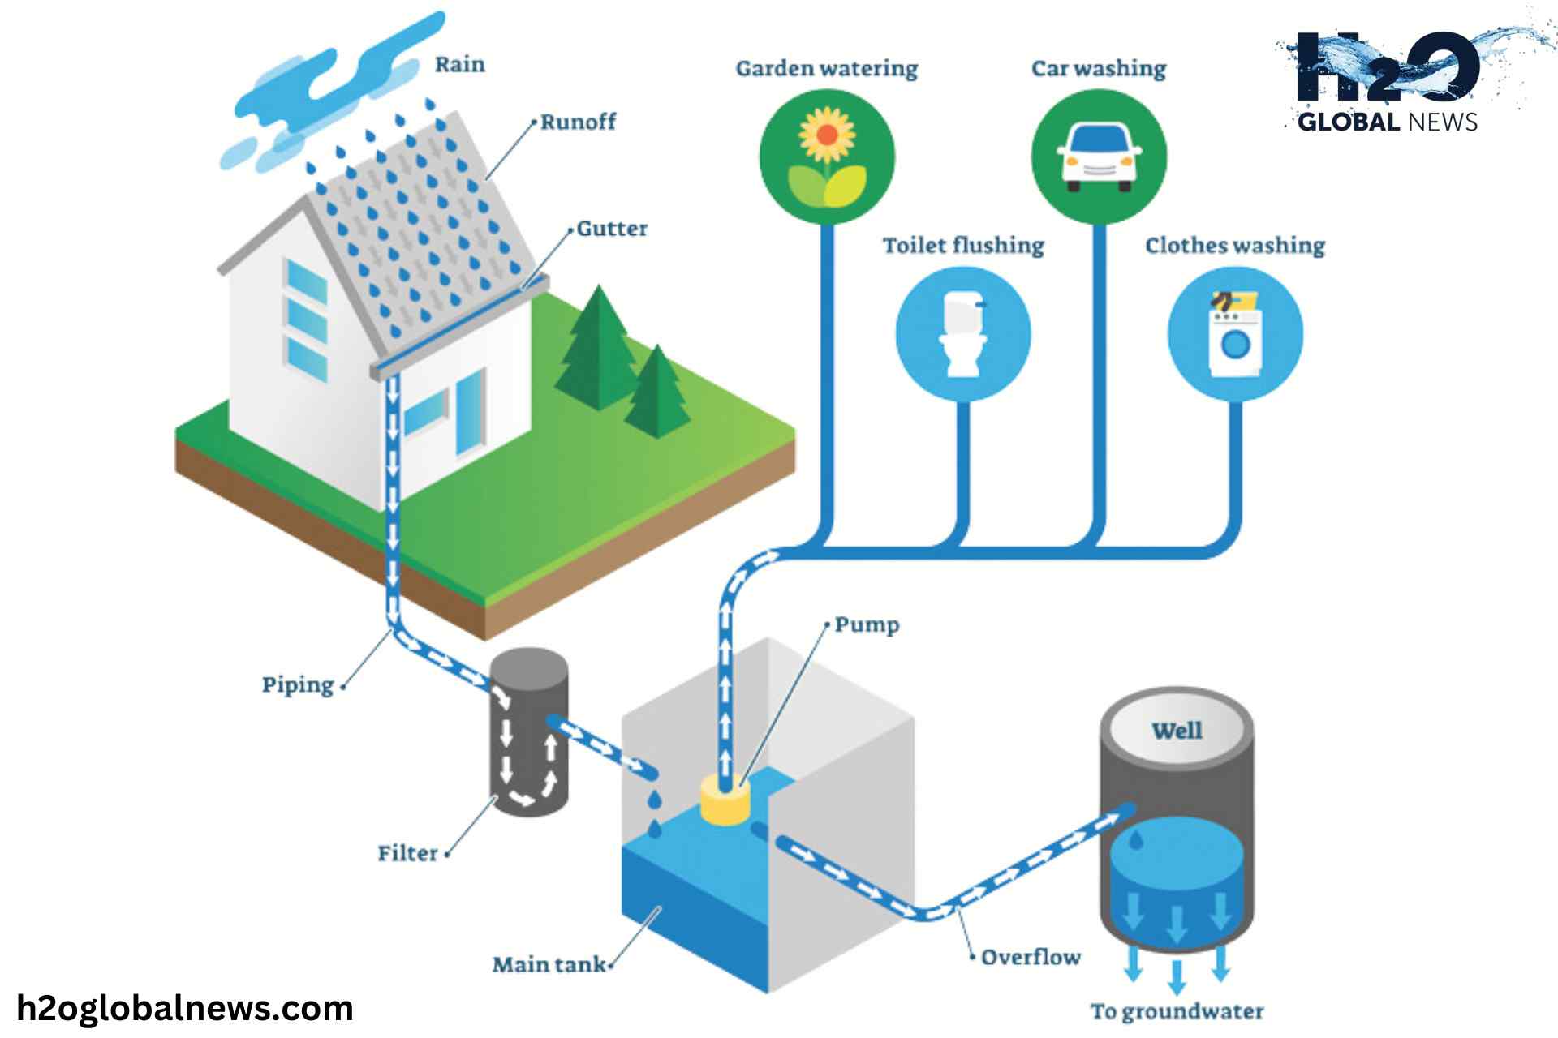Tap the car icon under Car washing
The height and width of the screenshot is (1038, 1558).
tap(1099, 157)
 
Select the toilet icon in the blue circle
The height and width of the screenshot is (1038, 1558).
tap(963, 333)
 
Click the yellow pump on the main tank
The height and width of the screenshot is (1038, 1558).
tap(725, 801)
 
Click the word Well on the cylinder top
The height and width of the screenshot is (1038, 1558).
tap(1177, 731)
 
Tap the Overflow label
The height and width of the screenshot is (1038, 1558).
tap(1031, 957)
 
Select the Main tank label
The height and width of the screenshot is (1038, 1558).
tap(549, 964)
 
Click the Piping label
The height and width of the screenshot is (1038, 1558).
tap(298, 685)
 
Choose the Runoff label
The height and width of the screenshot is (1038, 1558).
tap(578, 122)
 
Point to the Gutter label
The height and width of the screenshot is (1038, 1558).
tap(612, 229)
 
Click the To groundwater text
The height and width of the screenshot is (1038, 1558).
tap(1177, 1011)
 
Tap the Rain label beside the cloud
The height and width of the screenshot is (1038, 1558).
tap(459, 65)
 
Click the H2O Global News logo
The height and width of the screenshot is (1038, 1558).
tap(1388, 81)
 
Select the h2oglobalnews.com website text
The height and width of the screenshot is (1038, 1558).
tap(185, 1008)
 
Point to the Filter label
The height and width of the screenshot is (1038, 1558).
tap(407, 853)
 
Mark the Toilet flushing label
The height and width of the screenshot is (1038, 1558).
tap(963, 246)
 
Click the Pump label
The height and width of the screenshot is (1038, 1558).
tap(867, 625)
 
